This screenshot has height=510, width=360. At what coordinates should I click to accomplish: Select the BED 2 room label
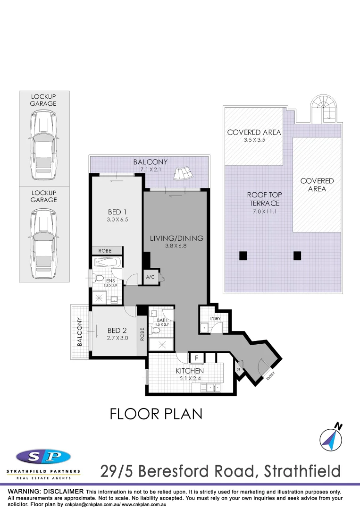117,330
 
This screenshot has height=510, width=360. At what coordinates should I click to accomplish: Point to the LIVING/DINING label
176,238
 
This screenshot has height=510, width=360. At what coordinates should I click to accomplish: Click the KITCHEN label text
190,371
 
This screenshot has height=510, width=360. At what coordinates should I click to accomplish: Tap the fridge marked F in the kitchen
196,358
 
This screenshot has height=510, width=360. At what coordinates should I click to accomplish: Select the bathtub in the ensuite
108,263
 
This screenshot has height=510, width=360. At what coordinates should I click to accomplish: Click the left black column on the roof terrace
243,256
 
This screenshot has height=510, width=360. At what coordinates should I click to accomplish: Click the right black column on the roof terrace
297,256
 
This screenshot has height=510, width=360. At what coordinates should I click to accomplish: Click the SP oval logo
43,456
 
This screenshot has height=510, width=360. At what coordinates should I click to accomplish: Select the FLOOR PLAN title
156,414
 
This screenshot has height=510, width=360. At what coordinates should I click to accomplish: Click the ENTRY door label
270,376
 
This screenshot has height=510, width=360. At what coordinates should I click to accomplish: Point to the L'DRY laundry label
216,319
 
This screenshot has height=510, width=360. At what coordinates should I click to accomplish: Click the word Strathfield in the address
302,471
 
